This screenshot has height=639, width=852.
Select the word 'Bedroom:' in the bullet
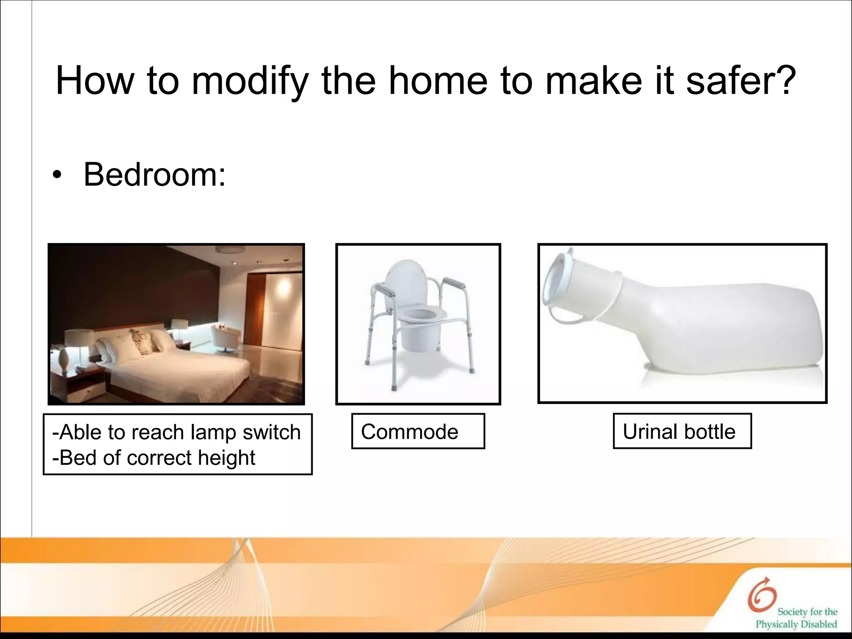(x=154, y=175)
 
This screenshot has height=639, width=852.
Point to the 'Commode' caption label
(x=409, y=431)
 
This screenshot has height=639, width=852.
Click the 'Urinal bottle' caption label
(x=679, y=431)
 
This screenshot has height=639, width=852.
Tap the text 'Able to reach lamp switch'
(x=176, y=432)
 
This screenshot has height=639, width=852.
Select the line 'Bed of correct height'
(x=154, y=458)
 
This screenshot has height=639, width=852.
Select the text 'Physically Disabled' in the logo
(x=796, y=624)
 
